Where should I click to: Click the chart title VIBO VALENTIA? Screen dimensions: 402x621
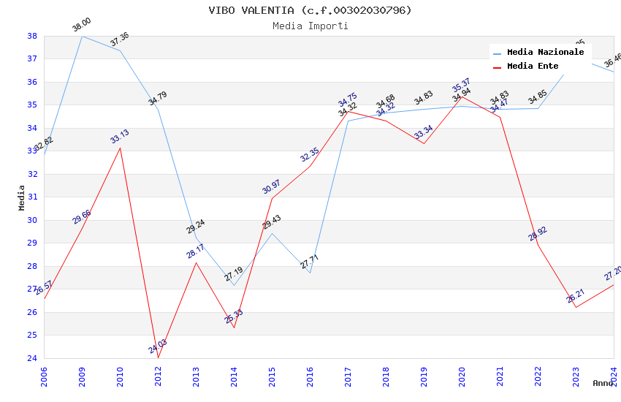(x=310, y=10)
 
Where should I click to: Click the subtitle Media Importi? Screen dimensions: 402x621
(x=310, y=26)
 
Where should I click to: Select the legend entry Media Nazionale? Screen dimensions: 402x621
(x=545, y=53)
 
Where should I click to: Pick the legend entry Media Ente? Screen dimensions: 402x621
(x=533, y=66)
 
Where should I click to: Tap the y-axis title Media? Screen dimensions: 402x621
(x=22, y=197)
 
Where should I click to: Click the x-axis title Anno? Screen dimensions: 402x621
(x=603, y=383)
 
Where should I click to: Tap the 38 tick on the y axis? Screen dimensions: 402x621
(x=32, y=36)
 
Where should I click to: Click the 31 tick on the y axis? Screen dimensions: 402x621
(x=32, y=197)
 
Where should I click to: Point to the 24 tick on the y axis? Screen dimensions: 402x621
(x=32, y=358)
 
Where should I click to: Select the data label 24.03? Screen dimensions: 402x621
(x=158, y=346)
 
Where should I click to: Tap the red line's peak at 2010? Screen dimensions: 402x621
(x=120, y=148)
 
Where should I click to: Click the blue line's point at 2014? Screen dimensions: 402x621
(x=234, y=285)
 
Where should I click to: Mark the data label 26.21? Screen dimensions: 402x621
(x=576, y=296)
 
